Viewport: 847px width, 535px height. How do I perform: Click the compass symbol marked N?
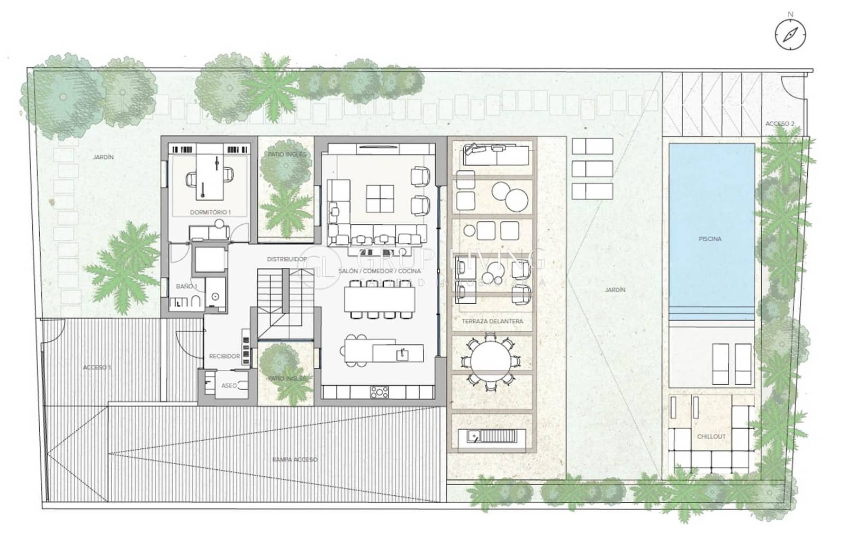pos(790,34)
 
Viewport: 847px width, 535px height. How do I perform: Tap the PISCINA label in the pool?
pos(709,239)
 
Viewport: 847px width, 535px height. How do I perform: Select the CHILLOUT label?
pos(711,437)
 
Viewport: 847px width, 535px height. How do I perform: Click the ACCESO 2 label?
pos(780,124)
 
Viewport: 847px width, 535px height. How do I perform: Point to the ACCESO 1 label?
pos(97,367)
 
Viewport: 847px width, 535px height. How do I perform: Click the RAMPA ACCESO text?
pos(295,459)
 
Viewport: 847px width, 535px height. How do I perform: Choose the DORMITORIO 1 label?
pos(210,212)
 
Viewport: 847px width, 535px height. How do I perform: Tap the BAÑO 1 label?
pos(186,286)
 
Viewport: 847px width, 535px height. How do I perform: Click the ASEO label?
pos(229,385)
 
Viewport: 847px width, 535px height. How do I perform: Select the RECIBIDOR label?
pos(224,356)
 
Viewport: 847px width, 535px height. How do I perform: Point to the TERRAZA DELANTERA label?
pos(492,321)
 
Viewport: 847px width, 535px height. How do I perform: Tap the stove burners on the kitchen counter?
pos(379,392)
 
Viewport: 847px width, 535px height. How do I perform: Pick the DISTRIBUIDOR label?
pos(286,259)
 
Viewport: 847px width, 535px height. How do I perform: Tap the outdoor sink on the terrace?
pos(475,437)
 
